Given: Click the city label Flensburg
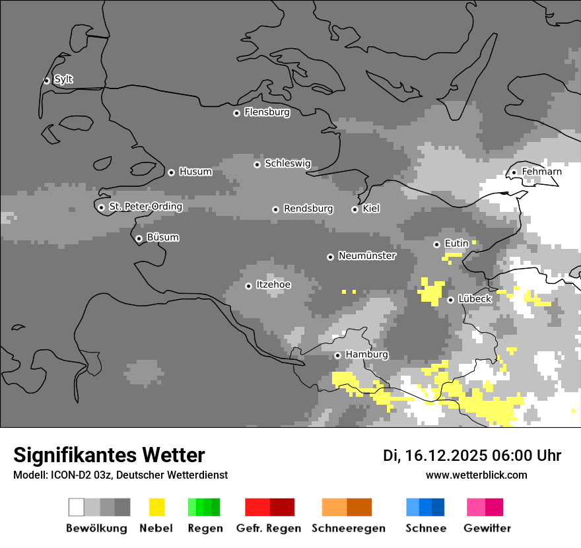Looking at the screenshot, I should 267,112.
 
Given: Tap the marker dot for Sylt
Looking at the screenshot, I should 47,81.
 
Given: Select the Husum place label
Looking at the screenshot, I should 195,172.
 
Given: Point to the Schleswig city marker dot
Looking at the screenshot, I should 257,164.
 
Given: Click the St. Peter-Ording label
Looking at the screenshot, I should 145,207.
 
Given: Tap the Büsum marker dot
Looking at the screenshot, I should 139,238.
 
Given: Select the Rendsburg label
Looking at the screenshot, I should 308,209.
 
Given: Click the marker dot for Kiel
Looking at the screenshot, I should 355,209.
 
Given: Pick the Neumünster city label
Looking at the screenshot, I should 367,256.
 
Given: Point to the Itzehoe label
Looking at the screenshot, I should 273,285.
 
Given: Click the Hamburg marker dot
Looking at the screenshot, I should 337,355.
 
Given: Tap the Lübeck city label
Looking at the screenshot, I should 475,299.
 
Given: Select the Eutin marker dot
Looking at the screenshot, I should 436,244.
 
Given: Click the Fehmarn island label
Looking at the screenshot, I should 541,172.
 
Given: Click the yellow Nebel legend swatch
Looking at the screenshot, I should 156,507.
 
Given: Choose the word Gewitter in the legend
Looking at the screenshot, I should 487,528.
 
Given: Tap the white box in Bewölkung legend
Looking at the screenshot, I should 77,507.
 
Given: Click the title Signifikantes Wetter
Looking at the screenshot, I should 109,455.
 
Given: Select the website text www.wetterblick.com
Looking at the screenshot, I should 477,475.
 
